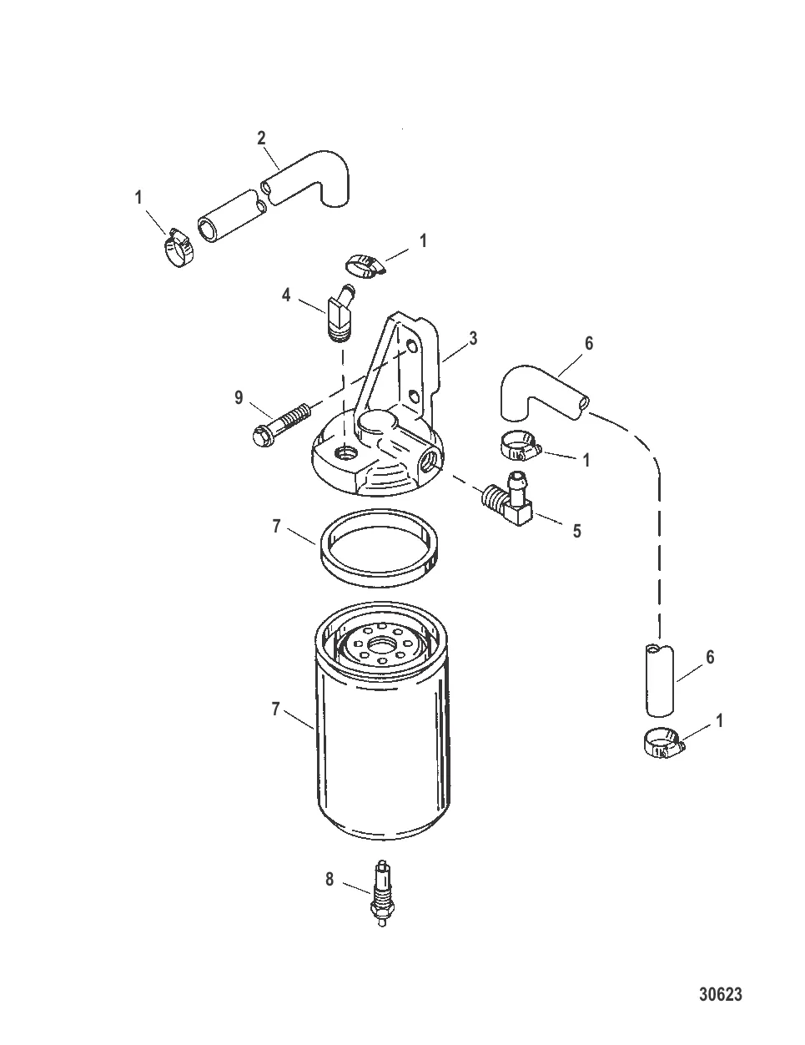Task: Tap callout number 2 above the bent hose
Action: pos(261,138)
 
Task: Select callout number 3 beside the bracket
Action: pos(473,339)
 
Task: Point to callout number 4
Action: pos(286,295)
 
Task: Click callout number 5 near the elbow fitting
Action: pos(576,531)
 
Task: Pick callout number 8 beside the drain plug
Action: pos(330,880)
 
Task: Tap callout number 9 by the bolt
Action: pos(239,397)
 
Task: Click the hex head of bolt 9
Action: pos(260,435)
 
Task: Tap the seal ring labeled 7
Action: pos(380,548)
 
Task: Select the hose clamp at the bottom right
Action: pos(664,743)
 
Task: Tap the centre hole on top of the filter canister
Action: pos(381,644)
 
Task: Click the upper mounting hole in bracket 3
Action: pos(412,346)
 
